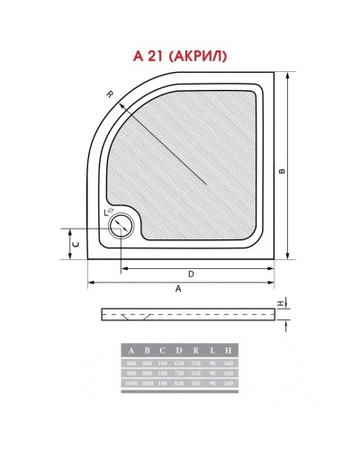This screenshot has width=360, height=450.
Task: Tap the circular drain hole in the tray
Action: click(118, 227)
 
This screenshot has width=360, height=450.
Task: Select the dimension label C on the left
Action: click(76, 243)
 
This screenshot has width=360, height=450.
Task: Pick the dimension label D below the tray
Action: click(191, 274)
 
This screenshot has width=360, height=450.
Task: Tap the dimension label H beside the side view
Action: click(281, 302)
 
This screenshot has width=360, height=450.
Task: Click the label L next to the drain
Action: click(106, 211)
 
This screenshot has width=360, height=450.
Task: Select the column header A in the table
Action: click(132, 349)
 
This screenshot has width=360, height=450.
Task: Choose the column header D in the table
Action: click(180, 349)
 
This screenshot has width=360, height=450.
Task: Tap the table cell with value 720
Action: click(180, 372)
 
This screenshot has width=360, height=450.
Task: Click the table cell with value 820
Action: click(180, 383)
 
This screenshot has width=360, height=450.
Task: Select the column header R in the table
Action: click(196, 349)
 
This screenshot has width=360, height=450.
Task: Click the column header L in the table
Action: click(212, 349)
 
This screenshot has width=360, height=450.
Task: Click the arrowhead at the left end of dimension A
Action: click(90, 282)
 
